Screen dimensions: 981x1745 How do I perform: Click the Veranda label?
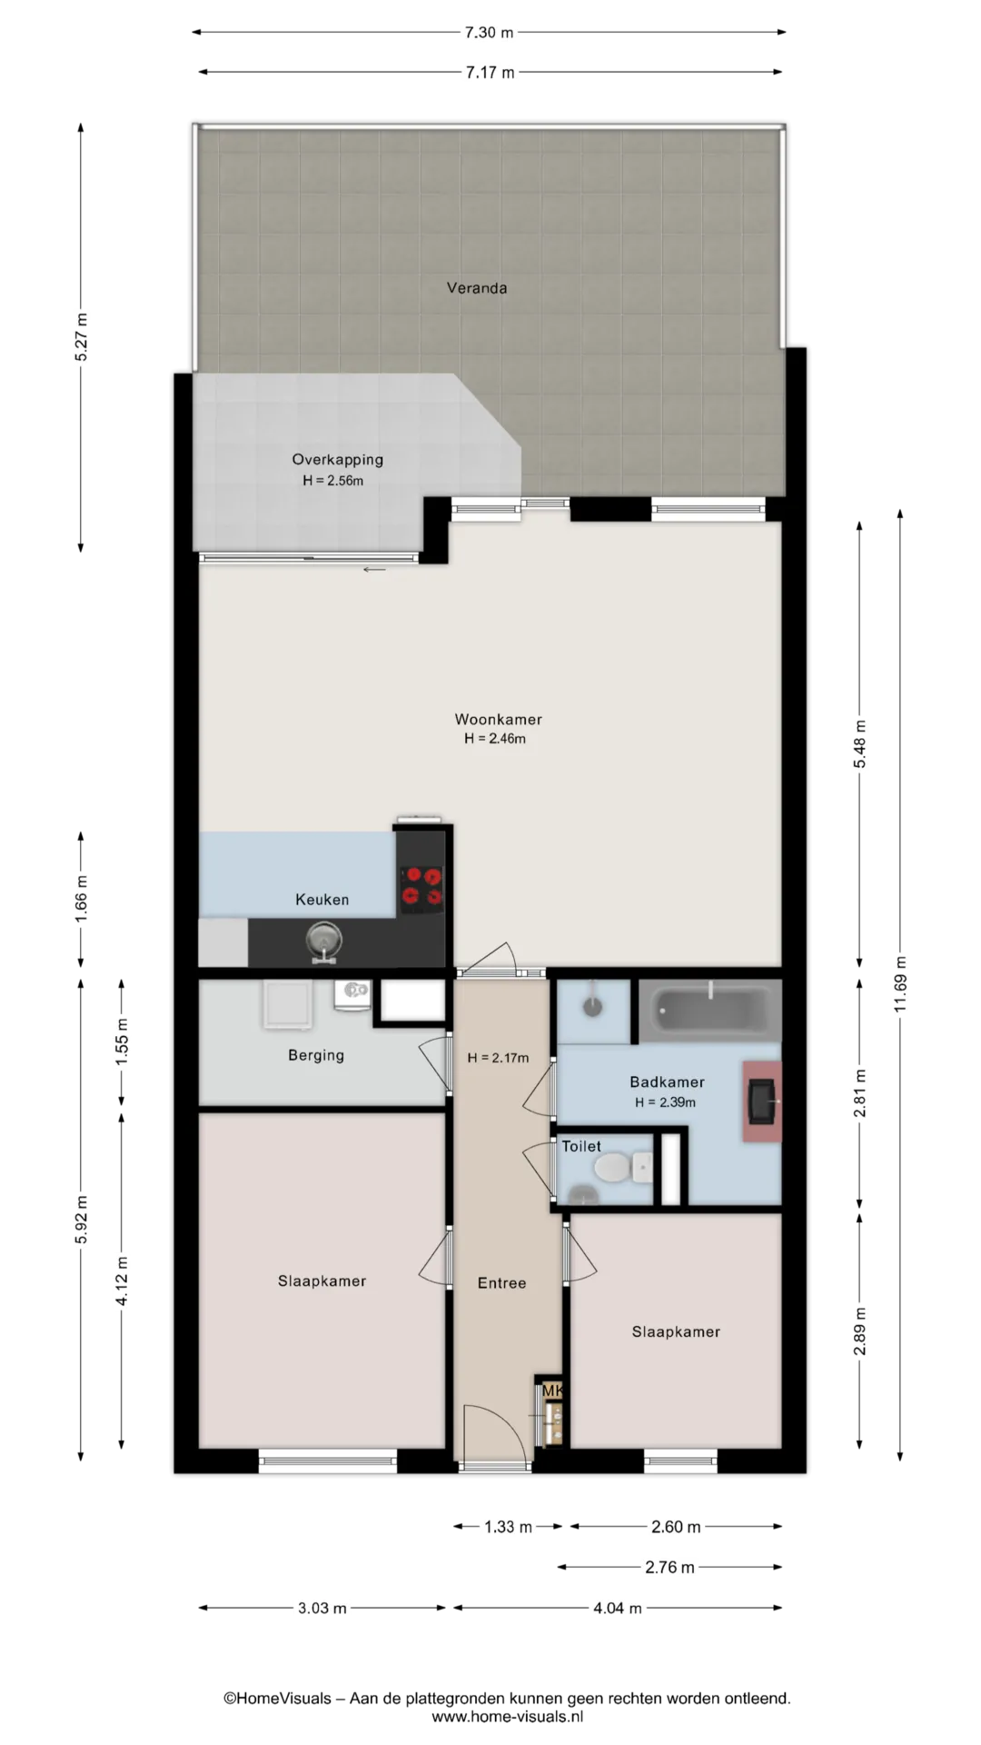tap(477, 288)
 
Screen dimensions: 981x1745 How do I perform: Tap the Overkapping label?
tap(337, 460)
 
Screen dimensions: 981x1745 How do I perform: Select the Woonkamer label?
tap(498, 720)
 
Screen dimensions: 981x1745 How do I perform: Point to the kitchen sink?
tap(323, 939)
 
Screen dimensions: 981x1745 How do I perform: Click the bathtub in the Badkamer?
tap(710, 1011)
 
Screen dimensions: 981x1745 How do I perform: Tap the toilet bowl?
tap(614, 1168)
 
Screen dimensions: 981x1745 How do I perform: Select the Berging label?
tap(316, 1056)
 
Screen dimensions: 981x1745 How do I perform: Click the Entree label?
tap(501, 1283)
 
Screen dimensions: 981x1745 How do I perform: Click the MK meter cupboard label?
tap(552, 1391)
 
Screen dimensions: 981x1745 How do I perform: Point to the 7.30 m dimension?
tap(489, 33)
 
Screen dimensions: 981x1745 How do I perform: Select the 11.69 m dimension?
tap(900, 984)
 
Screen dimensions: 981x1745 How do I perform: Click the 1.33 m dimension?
tap(508, 1527)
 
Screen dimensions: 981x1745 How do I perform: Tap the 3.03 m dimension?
tap(322, 1608)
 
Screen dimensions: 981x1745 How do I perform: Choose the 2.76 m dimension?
tap(669, 1567)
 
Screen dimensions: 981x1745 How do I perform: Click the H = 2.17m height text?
tap(498, 1058)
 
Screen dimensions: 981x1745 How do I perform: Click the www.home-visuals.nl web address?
tap(507, 1717)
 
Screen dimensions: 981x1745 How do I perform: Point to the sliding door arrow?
tap(374, 570)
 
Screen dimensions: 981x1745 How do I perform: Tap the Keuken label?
tap(322, 900)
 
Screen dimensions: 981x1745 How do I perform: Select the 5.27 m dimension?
tap(82, 337)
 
